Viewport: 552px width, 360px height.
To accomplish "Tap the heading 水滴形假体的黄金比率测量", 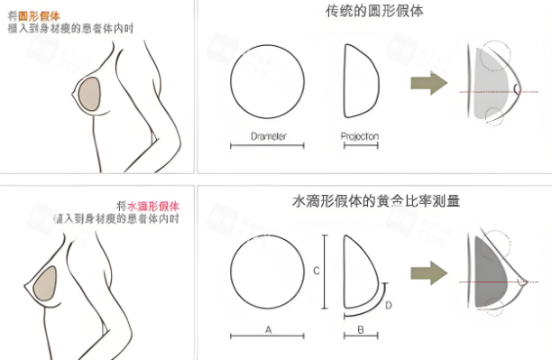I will point(376,201).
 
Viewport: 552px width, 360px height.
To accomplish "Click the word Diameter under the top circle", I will point(267,136).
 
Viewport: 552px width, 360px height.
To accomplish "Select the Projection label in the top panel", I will point(360,136).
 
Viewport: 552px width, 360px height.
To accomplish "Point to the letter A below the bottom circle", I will point(268,330).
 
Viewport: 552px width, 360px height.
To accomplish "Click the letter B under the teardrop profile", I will point(360,330).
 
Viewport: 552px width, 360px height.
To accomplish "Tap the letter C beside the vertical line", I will point(316,270).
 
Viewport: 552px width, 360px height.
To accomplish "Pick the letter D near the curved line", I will point(388,305).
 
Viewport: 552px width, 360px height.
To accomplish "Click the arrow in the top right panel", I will point(428,84).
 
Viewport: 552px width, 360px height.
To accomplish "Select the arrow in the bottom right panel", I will point(428,274).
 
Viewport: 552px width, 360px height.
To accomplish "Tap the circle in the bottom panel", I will point(268,270).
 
